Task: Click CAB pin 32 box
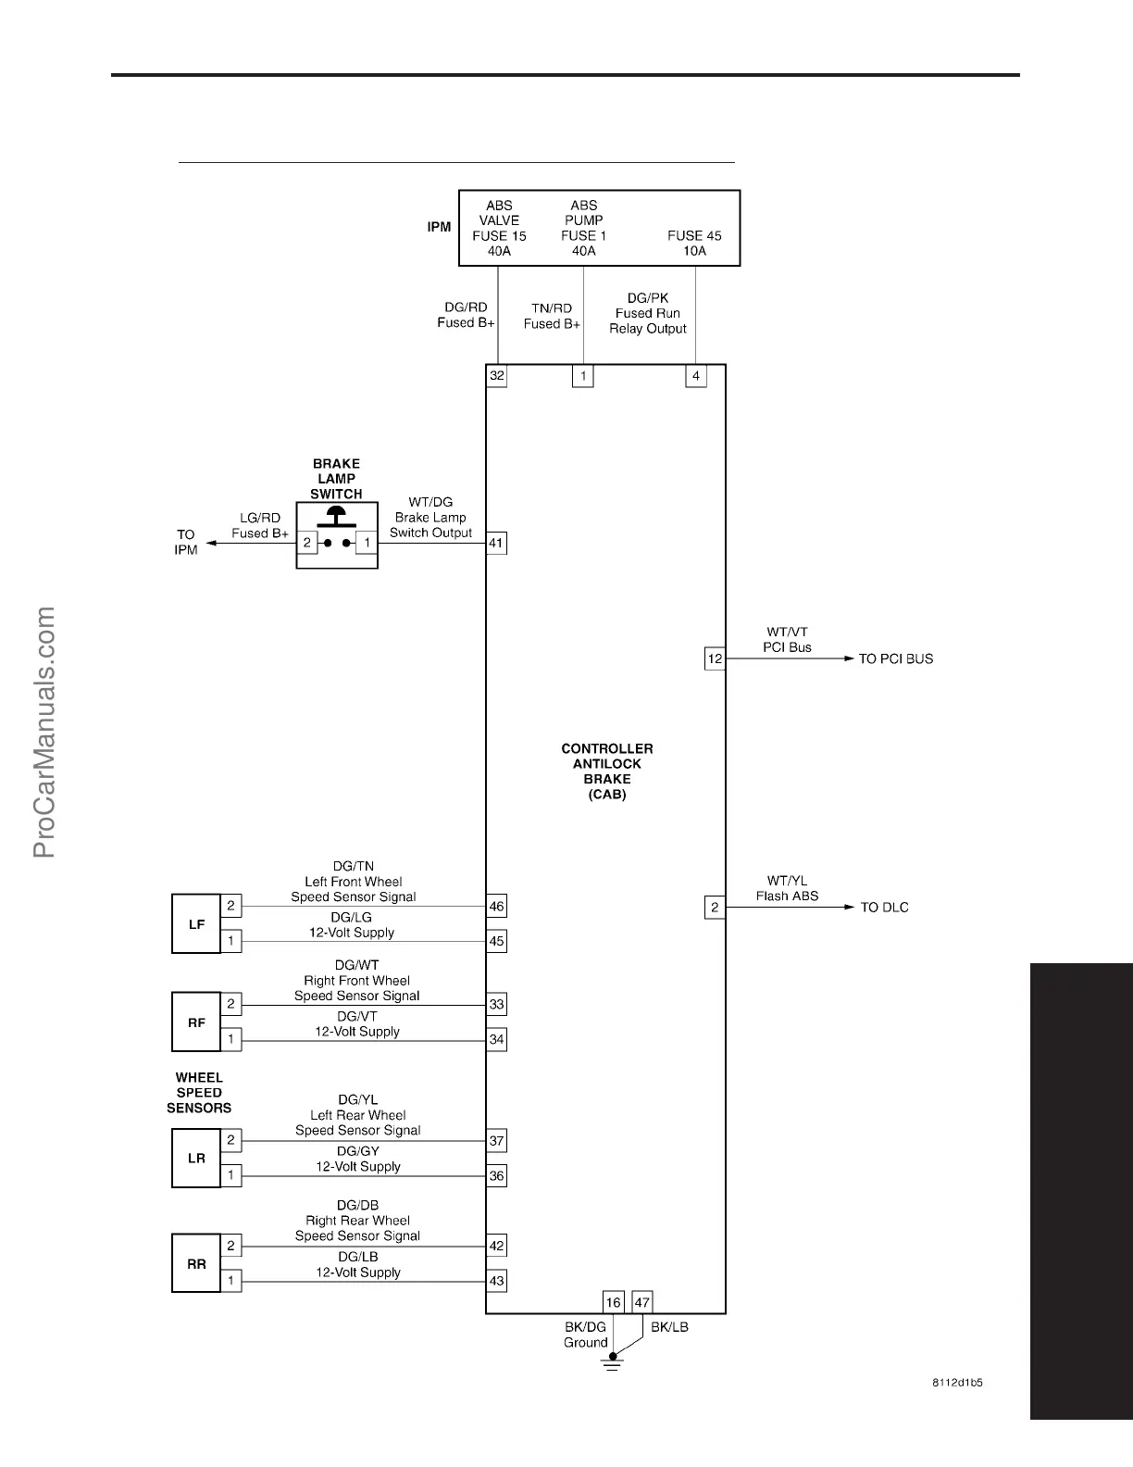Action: tap(497, 376)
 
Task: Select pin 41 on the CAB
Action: tap(497, 543)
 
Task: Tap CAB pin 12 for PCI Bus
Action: tap(715, 659)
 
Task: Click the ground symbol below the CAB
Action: tap(611, 1362)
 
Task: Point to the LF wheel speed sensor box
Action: tap(196, 924)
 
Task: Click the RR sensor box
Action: tap(196, 1264)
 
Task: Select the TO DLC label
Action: tap(884, 908)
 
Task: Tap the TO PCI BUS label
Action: tap(895, 659)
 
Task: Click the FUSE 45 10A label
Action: tap(694, 243)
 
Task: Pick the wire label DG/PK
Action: tap(648, 298)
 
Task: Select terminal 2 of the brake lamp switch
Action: tap(307, 543)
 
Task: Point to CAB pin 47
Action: tap(642, 1302)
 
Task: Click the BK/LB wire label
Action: tap(669, 1327)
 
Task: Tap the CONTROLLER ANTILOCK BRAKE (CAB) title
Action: tap(607, 771)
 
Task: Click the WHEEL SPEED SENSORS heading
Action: tap(199, 1093)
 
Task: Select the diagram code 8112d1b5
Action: tap(957, 1383)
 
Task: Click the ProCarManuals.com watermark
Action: tap(44, 732)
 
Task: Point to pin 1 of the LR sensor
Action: tap(230, 1176)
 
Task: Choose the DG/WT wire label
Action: tap(357, 965)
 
